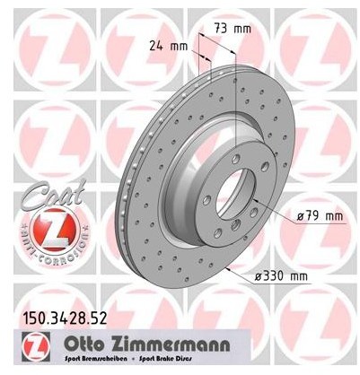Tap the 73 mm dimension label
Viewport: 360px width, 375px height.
tap(232, 29)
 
